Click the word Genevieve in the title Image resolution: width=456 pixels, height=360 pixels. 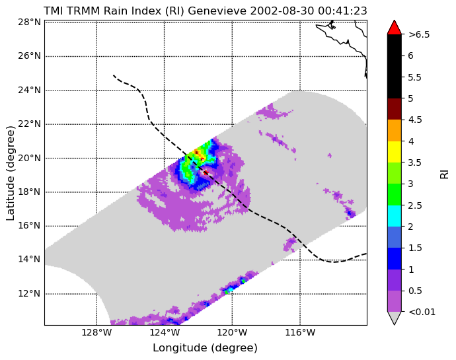tap(217, 11)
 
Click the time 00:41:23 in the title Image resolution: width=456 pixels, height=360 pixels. tap(342, 11)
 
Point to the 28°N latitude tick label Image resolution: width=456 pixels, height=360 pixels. tap(29, 22)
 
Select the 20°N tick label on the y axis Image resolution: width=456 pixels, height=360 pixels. tap(29, 158)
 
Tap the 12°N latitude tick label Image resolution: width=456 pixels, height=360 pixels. tap(29, 293)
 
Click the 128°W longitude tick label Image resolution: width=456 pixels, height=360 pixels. tap(96, 332)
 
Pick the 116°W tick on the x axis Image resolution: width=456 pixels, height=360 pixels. tap(300, 332)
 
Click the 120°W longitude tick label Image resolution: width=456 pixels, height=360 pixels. tap(232, 332)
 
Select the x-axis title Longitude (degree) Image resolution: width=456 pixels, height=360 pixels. tap(206, 348)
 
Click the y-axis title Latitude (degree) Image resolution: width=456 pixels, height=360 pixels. tap(10, 173)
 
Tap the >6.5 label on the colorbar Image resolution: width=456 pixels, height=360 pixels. tap(419, 34)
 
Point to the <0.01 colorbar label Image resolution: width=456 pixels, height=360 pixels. tap(422, 312)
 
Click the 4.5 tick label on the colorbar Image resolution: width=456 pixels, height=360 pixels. tap(415, 120)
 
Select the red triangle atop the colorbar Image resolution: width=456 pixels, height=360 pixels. tap(395, 28)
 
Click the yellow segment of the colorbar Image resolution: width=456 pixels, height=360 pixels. tap(395, 152)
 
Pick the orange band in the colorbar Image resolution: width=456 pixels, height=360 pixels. tap(395, 131)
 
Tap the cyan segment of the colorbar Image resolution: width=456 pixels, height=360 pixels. tap(395, 216)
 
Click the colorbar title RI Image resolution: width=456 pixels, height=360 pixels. tap(444, 174)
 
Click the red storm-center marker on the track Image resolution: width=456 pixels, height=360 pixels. tap(206, 172)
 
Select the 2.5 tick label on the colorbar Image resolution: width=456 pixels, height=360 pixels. tap(415, 205)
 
